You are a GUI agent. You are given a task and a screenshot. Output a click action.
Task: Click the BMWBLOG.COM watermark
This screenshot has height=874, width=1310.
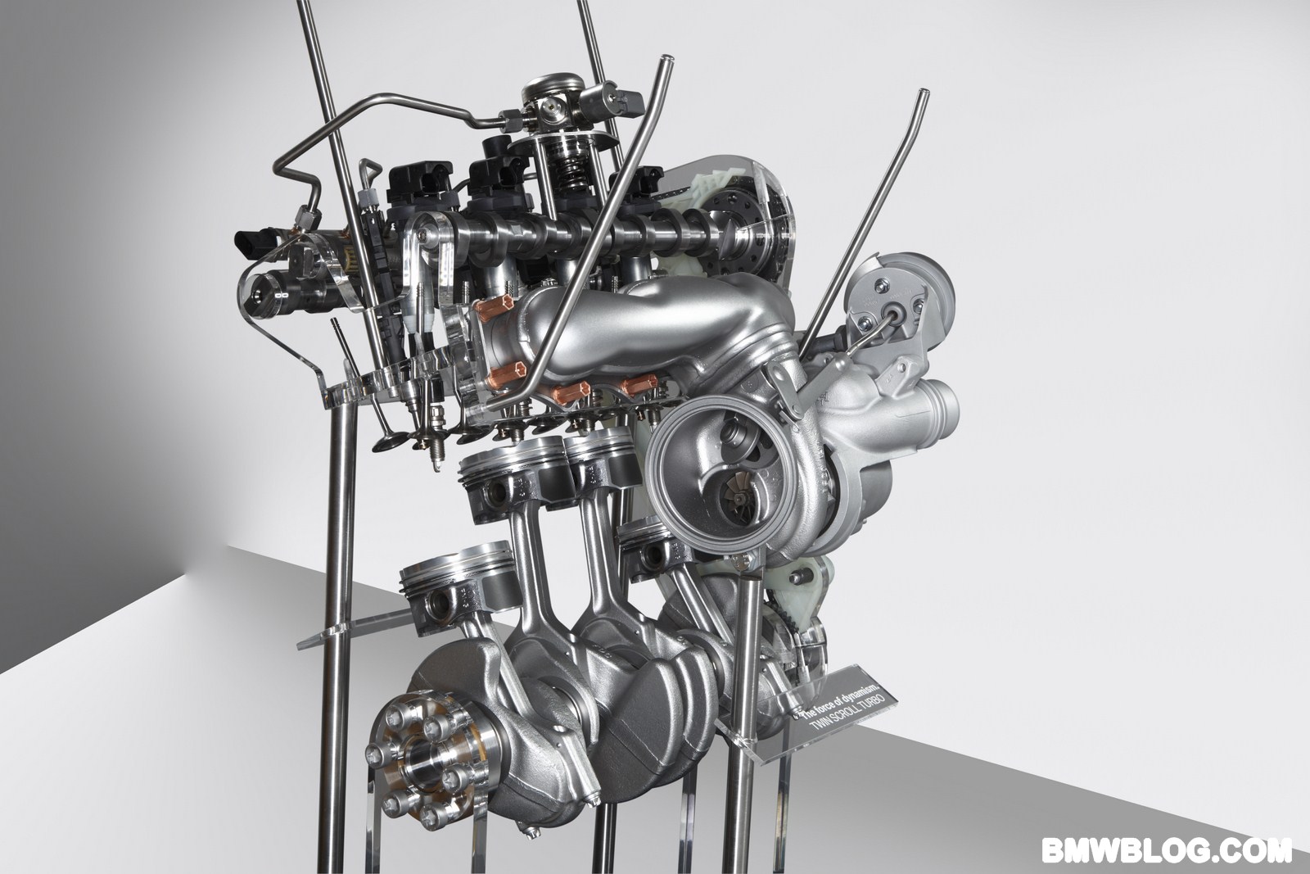pos(1166,850)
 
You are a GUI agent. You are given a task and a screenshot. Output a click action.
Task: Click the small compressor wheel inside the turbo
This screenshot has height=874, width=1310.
pos(740,498)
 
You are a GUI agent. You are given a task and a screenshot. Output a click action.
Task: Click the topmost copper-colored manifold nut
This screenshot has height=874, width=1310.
pos(495,309)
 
